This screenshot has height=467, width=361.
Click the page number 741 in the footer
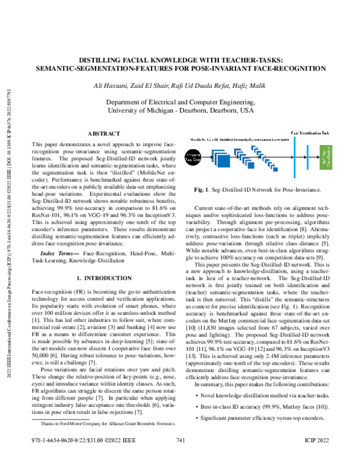point(180,459)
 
